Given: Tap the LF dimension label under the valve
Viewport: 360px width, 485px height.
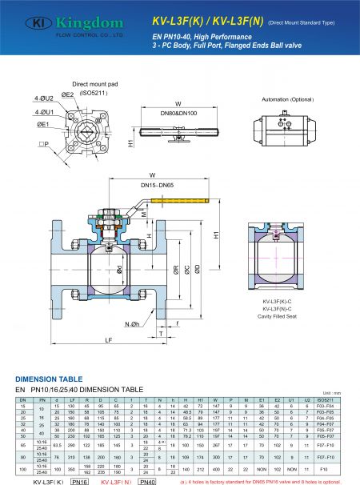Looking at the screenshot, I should coord(109,339).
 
